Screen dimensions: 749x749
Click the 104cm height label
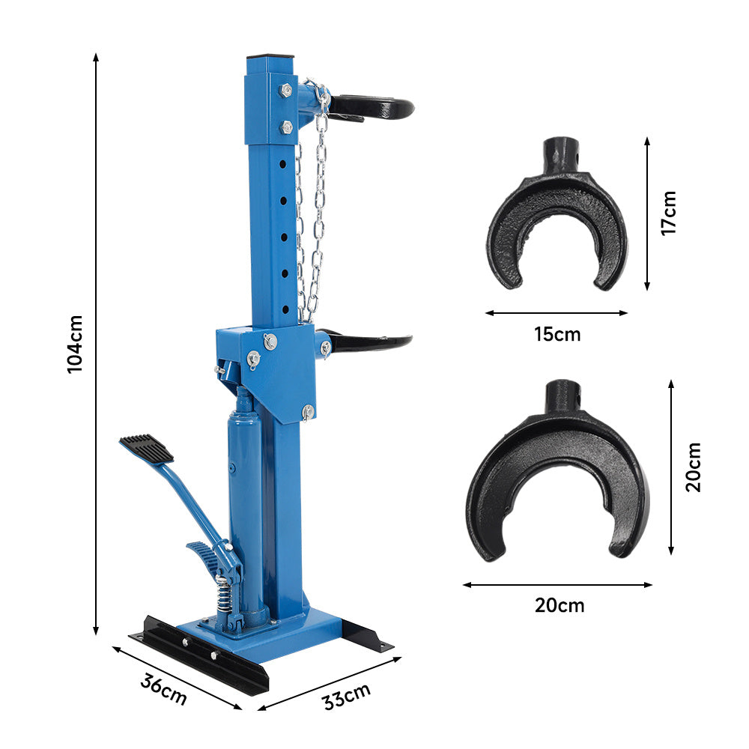click(75, 344)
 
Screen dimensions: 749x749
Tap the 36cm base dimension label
click(163, 690)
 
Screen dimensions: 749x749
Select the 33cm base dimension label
click(347, 697)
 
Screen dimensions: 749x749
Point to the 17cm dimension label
click(669, 213)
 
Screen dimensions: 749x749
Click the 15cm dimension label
click(557, 334)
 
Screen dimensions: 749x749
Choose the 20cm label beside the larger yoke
click(693, 467)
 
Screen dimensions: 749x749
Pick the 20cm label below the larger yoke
click(560, 605)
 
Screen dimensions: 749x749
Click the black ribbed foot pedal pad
click(147, 448)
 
